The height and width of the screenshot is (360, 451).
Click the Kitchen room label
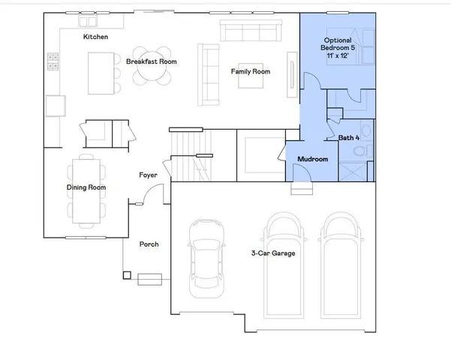[95, 37]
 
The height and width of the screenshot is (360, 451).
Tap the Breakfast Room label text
[151, 61]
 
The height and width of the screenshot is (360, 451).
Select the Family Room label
[251, 71]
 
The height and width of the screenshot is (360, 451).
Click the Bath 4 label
[349, 138]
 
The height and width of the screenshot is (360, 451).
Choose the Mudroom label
[312, 160]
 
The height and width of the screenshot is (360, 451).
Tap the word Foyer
[148, 175]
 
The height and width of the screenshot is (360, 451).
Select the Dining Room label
[86, 187]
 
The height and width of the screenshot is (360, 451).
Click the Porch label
[149, 244]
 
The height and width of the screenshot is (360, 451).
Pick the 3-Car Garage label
[273, 253]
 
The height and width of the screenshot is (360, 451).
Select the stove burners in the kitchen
[53, 61]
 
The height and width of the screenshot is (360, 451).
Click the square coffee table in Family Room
[250, 76]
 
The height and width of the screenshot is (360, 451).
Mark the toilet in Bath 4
[359, 151]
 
